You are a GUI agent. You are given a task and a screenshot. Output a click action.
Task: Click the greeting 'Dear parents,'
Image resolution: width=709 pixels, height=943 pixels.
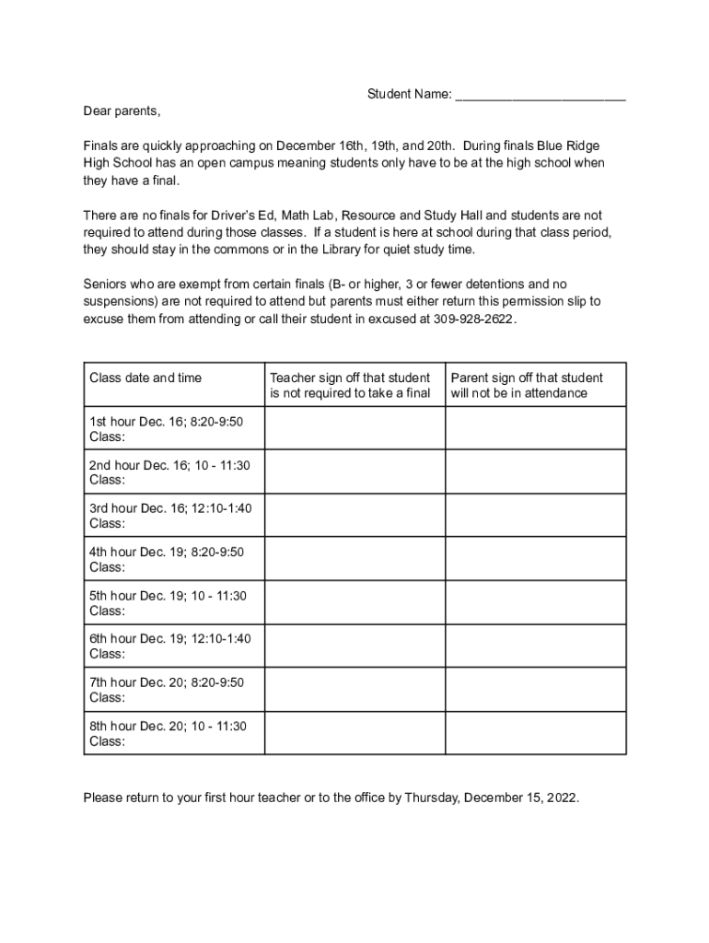point(122,111)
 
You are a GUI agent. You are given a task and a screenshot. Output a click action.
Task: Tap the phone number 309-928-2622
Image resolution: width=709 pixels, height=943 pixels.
point(474,319)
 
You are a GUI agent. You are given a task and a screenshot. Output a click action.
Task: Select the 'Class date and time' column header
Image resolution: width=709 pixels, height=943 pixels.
point(145,378)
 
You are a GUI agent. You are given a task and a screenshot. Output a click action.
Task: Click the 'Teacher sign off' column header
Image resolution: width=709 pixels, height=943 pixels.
point(350,385)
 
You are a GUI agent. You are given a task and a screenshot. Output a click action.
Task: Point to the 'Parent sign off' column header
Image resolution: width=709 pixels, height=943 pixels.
point(527,385)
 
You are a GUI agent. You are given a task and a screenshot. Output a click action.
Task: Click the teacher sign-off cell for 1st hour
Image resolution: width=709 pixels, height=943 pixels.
point(355,428)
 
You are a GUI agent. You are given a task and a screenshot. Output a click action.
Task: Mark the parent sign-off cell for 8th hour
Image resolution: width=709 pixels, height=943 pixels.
point(536,733)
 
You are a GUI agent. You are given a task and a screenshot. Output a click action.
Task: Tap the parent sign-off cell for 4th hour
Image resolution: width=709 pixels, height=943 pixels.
point(536,559)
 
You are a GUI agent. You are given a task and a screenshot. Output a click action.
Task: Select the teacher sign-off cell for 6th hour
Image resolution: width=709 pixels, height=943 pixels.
point(355,646)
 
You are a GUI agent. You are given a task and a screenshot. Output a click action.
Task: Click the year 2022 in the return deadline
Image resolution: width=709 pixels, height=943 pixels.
point(562,797)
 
